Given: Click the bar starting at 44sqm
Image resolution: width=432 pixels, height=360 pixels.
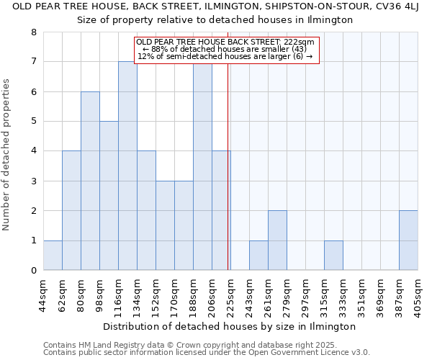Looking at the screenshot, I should (x=53, y=255).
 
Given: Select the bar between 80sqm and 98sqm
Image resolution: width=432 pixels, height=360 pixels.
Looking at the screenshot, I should (x=90, y=181).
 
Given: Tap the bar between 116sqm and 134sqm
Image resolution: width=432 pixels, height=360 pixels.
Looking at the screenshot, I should (x=127, y=166).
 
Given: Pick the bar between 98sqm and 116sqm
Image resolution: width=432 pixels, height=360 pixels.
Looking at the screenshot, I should (x=109, y=196).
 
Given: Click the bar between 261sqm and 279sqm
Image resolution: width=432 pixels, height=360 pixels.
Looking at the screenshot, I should (x=277, y=240).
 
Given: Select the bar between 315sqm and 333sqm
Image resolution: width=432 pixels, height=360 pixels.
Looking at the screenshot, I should (x=333, y=255).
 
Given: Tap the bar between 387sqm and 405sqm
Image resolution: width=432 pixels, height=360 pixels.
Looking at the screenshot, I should (x=408, y=240).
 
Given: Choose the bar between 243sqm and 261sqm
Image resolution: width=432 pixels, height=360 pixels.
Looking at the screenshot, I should (x=258, y=255).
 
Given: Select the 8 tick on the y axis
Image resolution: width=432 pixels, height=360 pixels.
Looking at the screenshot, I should (x=33, y=32).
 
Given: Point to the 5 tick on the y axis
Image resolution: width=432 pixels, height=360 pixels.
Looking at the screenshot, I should (x=33, y=122).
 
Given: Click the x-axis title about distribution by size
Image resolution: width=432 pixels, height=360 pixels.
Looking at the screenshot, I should (x=230, y=326).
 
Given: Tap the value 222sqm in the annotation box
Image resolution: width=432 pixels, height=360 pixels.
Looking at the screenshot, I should (x=298, y=42).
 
